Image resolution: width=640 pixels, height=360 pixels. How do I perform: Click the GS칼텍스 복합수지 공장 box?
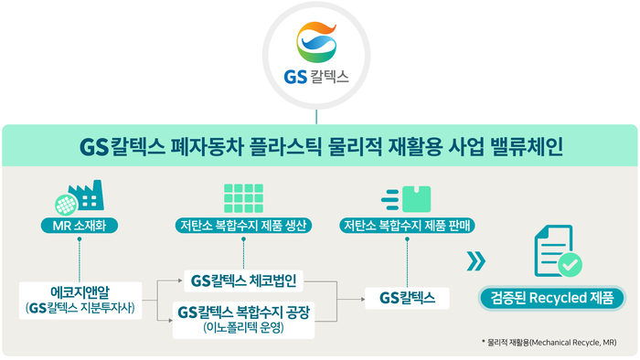click(242, 319)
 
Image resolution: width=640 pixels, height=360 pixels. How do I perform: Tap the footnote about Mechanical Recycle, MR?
click(549, 342)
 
